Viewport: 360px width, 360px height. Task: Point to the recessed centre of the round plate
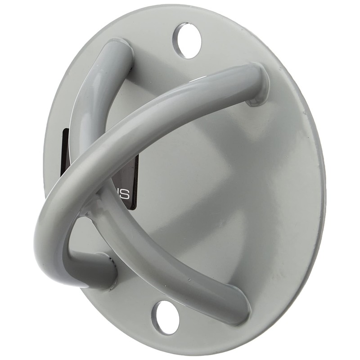click(202, 189)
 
